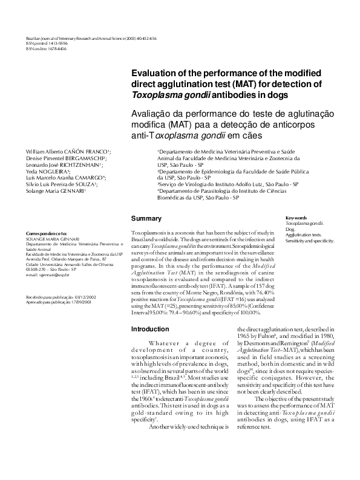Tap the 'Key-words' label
[x=296, y=218]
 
